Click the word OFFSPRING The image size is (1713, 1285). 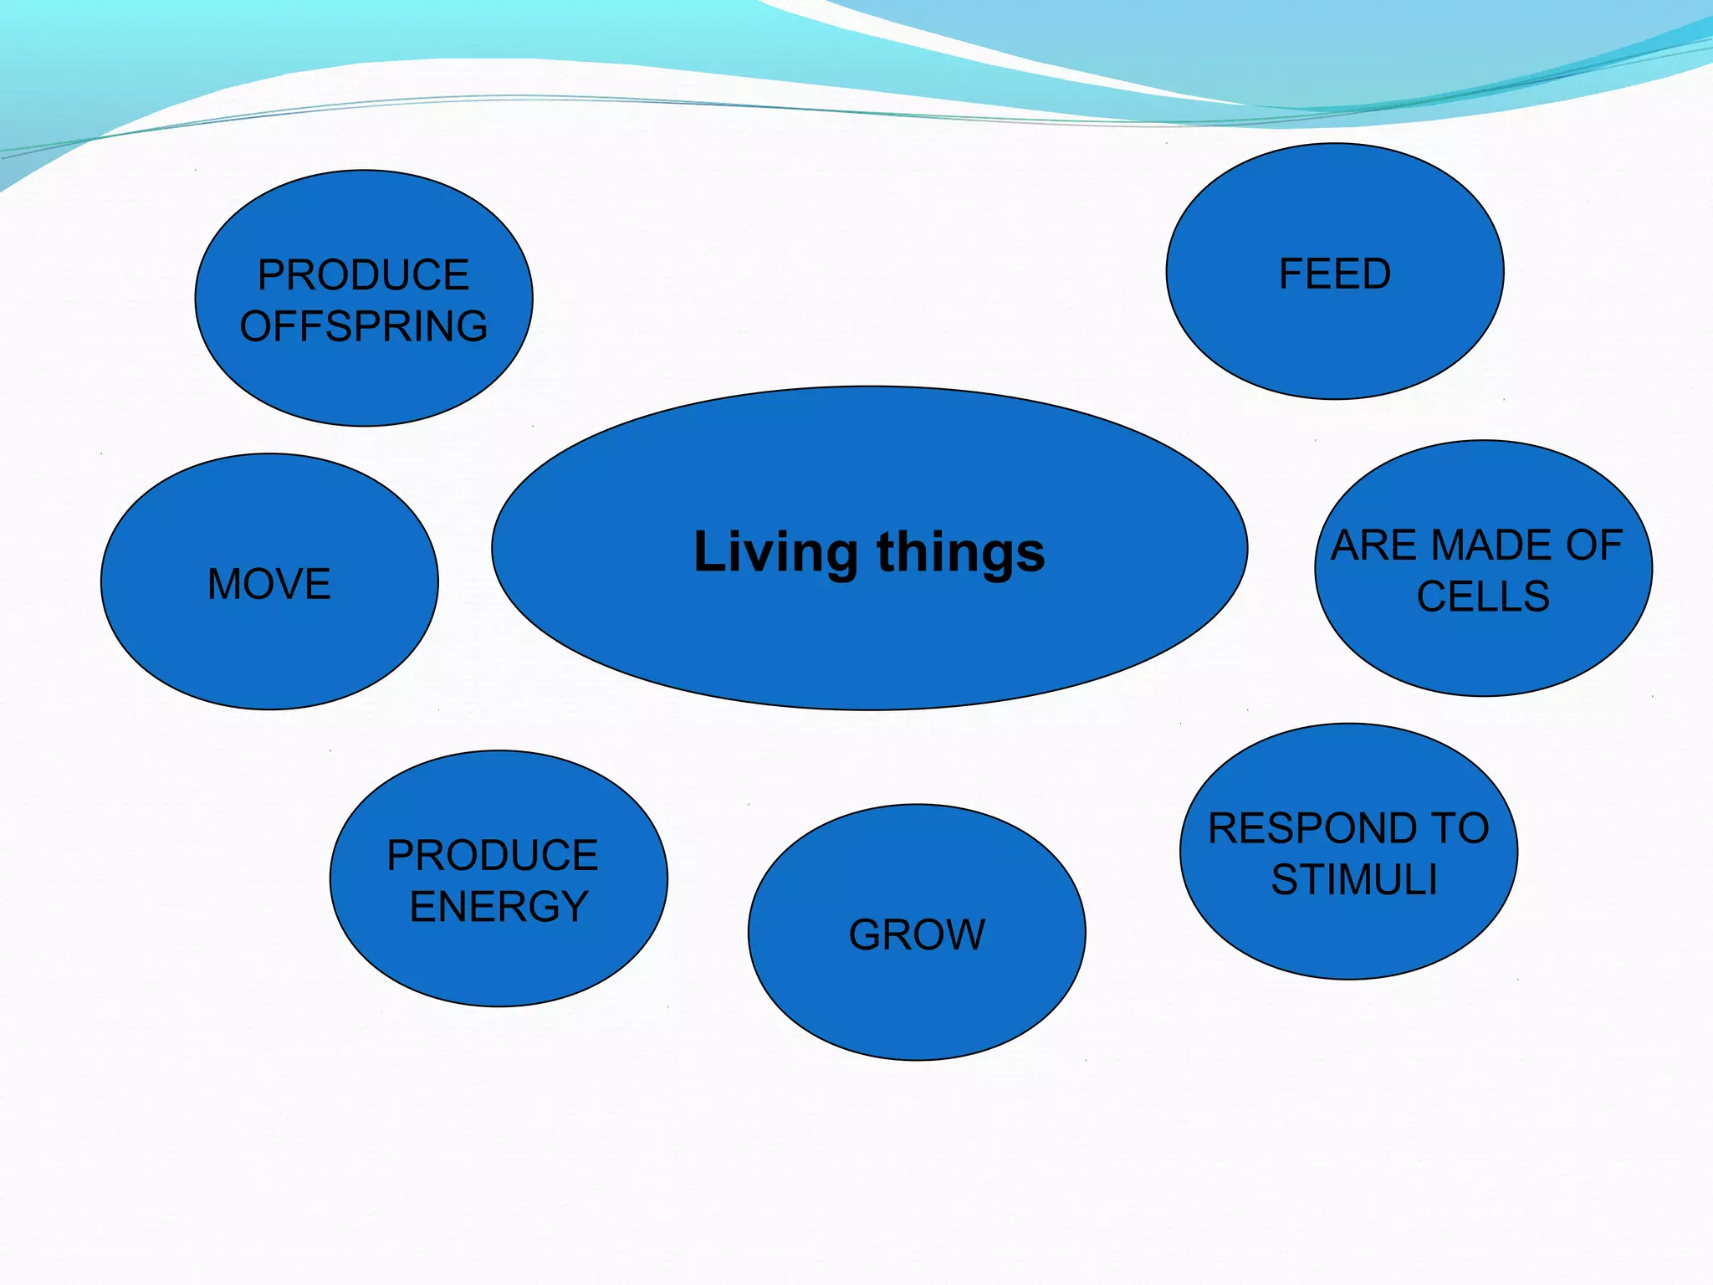click(x=364, y=326)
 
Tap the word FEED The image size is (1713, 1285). click(x=1335, y=274)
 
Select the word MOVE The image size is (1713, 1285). click(x=269, y=584)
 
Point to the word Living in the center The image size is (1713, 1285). click(x=775, y=553)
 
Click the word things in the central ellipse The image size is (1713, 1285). click(x=961, y=553)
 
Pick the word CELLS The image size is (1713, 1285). click(x=1483, y=596)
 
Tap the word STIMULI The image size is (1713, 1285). click(x=1354, y=879)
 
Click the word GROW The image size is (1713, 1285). click(x=918, y=934)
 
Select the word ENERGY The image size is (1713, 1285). click(x=499, y=907)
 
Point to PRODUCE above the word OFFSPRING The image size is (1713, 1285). click(x=364, y=275)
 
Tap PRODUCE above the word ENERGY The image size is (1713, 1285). click(x=493, y=856)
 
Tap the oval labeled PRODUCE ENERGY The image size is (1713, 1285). click(x=499, y=962)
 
